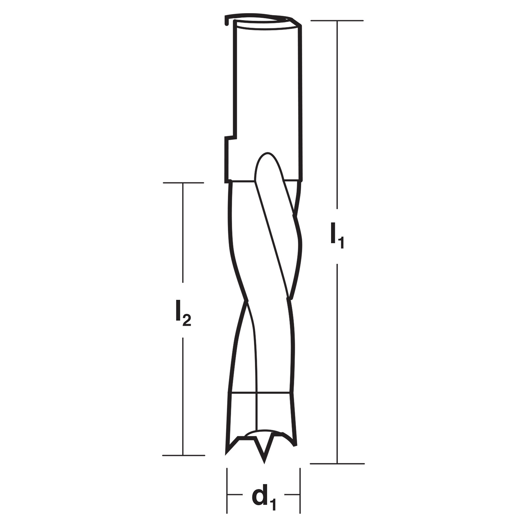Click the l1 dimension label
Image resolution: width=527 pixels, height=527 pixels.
pyautogui.click(x=337, y=236)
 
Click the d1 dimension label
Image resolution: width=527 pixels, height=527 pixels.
pyautogui.click(x=264, y=500)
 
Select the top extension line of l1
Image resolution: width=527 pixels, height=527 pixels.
pyautogui.click(x=337, y=20)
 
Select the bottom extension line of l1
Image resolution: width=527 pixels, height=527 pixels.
pyautogui.click(x=337, y=463)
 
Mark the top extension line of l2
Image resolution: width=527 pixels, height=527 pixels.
pyautogui.click(x=183, y=182)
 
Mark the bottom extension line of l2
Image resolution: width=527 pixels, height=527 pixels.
pyautogui.click(x=183, y=456)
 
